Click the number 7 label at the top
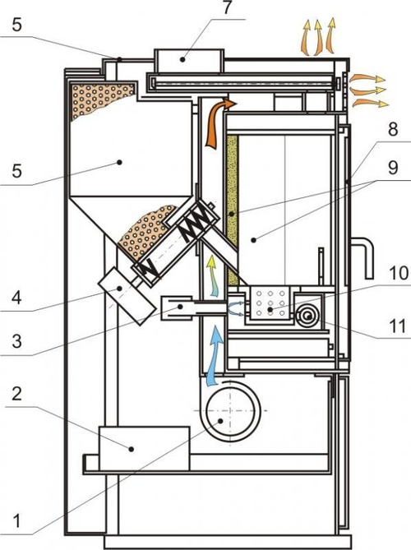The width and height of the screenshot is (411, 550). coord(228,7)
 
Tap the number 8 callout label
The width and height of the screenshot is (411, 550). coord(393,129)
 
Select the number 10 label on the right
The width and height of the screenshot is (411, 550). coord(399,274)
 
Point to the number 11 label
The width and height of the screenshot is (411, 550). coord(397,326)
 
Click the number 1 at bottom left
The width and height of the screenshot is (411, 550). coord(17,520)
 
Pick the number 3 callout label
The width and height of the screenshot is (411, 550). coord(16,341)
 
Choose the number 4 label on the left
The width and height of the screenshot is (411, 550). coord(16,298)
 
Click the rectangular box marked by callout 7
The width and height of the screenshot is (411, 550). coord(189,61)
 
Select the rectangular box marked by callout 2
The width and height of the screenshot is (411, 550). coord(144,448)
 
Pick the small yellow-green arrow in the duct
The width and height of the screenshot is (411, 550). coord(213,276)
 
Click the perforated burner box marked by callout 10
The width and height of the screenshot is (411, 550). coord(270,303)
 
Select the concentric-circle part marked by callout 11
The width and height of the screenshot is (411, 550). coord(308,317)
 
